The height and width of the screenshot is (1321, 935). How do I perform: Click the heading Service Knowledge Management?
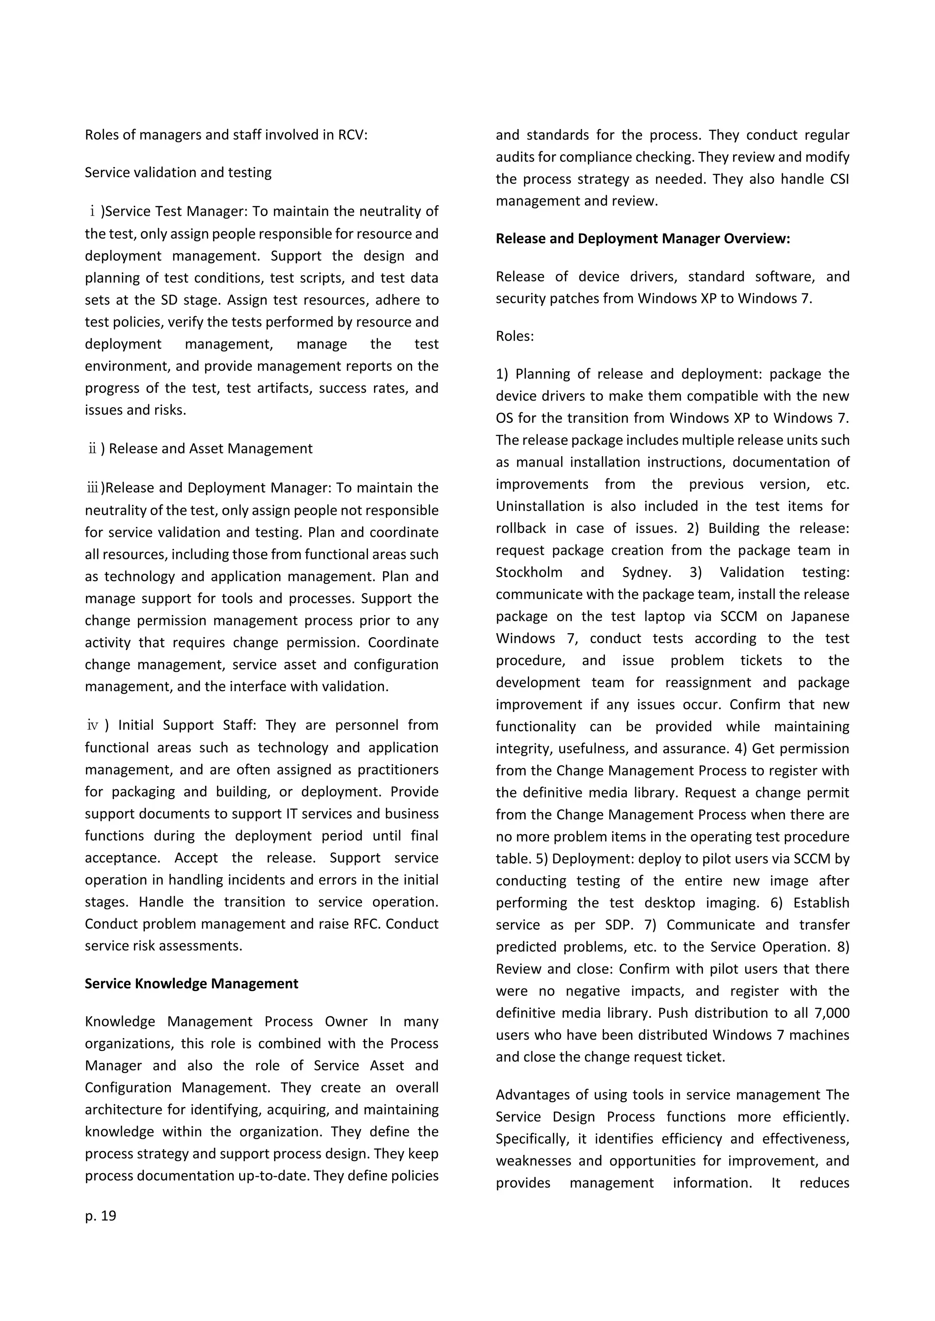click(x=191, y=983)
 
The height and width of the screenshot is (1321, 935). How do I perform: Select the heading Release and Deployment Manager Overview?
click(x=642, y=239)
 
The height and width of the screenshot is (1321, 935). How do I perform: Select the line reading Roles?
click(x=515, y=336)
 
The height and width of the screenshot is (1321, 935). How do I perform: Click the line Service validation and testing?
click(x=178, y=172)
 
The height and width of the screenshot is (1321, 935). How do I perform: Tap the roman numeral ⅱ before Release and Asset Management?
click(x=92, y=449)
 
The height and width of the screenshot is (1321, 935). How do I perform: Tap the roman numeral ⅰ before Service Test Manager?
click(x=92, y=212)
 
